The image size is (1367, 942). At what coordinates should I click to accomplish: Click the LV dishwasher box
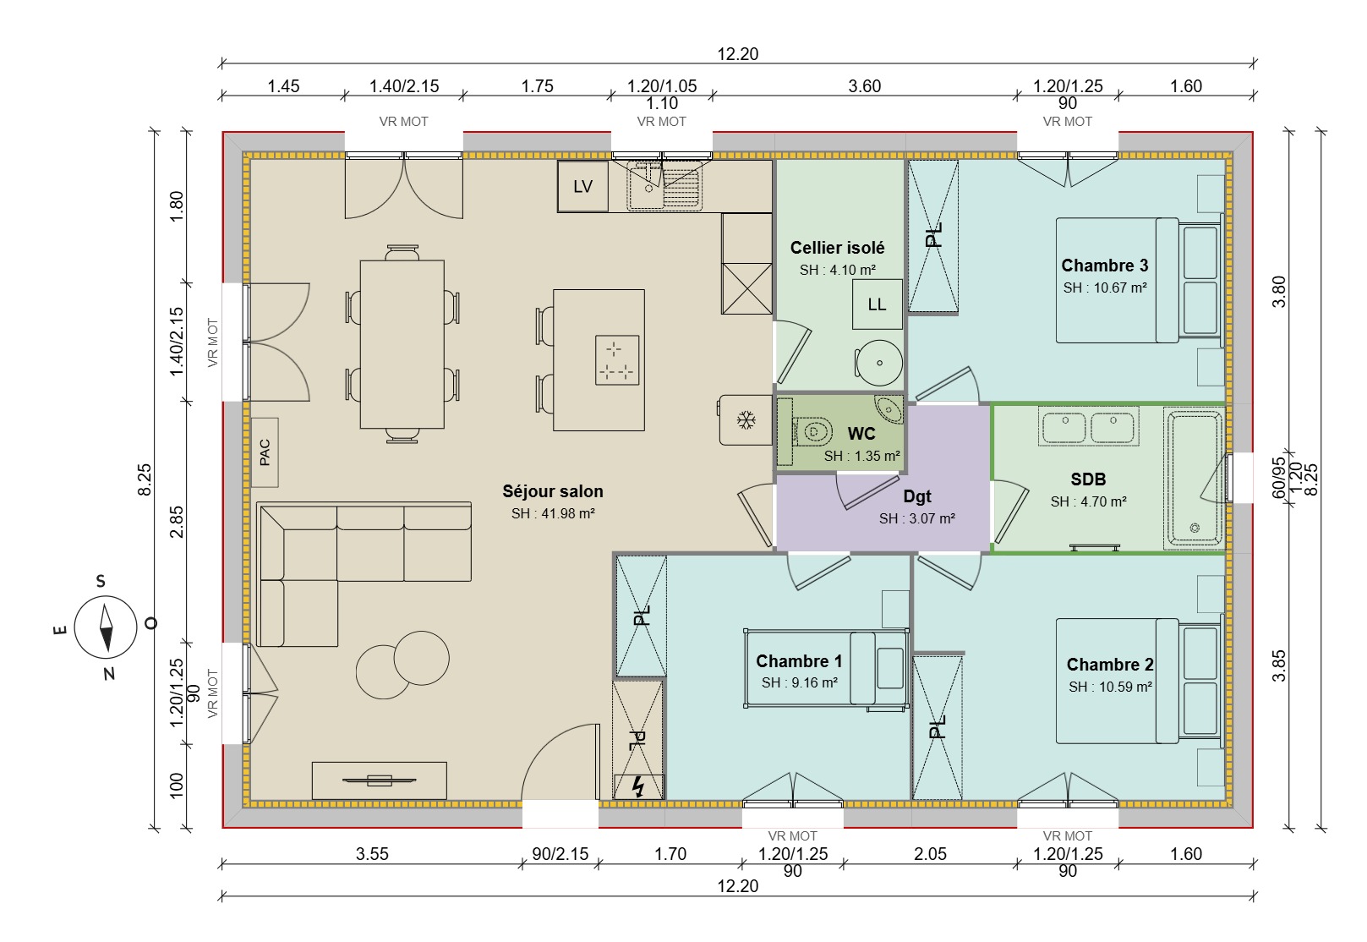pyautogui.click(x=582, y=187)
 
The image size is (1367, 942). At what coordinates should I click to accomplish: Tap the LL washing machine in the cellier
pyautogui.click(x=877, y=304)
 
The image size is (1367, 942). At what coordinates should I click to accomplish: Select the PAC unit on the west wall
pyautogui.click(x=265, y=452)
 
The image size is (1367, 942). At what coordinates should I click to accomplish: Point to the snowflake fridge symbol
pyautogui.click(x=745, y=419)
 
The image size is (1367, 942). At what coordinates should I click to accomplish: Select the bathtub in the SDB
pyautogui.click(x=1194, y=478)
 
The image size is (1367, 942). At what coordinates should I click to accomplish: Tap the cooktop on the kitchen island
pyautogui.click(x=616, y=360)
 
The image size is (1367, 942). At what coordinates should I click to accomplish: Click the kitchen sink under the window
pyautogui.click(x=664, y=188)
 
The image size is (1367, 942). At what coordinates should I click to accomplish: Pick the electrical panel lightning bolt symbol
pyautogui.click(x=638, y=787)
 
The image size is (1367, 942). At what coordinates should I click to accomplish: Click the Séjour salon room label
pyautogui.click(x=553, y=491)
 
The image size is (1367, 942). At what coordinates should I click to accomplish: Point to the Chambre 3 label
pyautogui.click(x=1104, y=266)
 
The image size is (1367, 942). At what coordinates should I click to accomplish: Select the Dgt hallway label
pyautogui.click(x=916, y=496)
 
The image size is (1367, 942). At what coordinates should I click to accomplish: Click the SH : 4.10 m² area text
pyautogui.click(x=837, y=271)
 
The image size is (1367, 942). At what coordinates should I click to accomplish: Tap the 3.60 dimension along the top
pyautogui.click(x=864, y=86)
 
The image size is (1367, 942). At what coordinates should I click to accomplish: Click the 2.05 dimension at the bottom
pyautogui.click(x=930, y=854)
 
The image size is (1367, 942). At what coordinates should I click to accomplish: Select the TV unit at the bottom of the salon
pyautogui.click(x=379, y=780)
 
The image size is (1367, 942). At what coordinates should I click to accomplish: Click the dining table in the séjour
pyautogui.click(x=402, y=344)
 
